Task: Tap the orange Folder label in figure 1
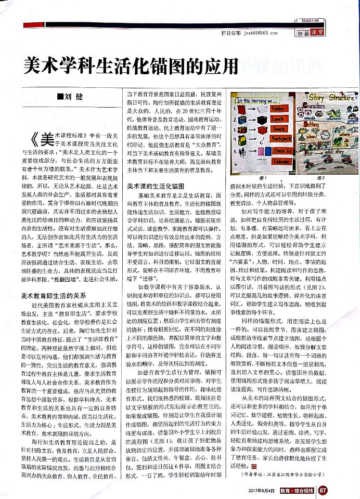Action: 279,110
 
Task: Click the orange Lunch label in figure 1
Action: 279,119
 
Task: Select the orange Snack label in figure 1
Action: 279,129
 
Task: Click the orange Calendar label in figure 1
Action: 282,162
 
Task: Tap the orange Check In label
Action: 281,151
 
